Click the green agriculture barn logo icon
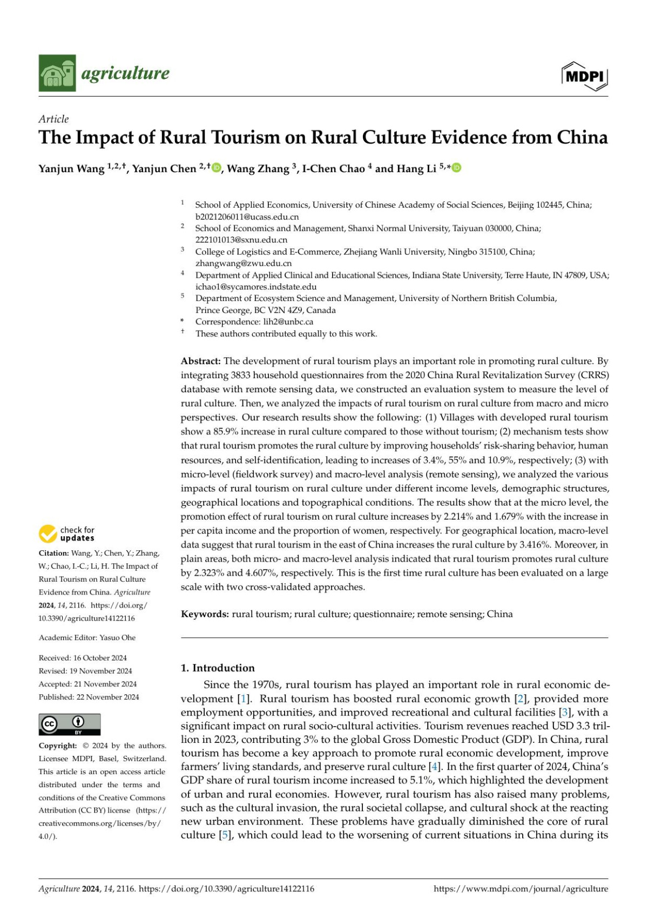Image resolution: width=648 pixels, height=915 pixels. point(57,73)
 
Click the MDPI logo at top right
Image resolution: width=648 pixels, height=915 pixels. point(585,76)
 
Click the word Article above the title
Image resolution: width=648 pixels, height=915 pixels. point(53,119)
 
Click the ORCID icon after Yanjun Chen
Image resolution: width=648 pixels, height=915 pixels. point(217,168)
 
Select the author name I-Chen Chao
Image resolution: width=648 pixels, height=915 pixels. point(333,169)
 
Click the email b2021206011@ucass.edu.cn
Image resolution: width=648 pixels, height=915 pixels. point(247,216)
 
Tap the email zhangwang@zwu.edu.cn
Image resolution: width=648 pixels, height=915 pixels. point(243,263)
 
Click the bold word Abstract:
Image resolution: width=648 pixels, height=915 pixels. point(200,361)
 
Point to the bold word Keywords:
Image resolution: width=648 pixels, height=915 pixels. point(205,614)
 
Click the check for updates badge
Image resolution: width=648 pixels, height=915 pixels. point(66,534)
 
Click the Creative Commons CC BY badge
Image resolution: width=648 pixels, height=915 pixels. point(69,724)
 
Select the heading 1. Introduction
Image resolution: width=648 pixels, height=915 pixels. point(217,668)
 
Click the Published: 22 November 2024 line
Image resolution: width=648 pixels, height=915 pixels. point(89,697)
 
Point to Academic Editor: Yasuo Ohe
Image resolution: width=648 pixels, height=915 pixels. point(87,638)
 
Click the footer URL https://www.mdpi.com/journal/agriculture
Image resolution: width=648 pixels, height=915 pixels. point(521,889)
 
